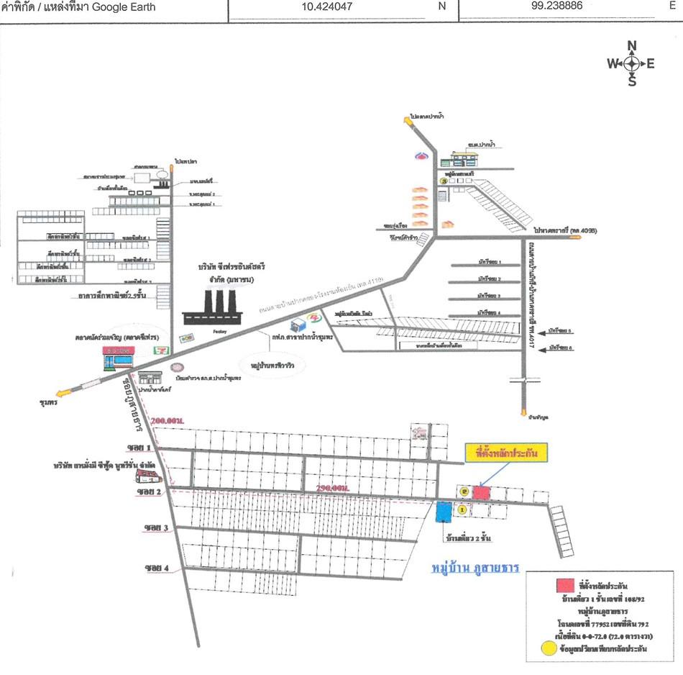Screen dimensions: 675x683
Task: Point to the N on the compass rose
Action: click(632, 47)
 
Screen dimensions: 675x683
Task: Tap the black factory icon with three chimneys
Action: click(214, 308)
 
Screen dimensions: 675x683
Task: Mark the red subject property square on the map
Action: click(481, 493)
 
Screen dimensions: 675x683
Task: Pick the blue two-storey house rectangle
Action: click(443, 512)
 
